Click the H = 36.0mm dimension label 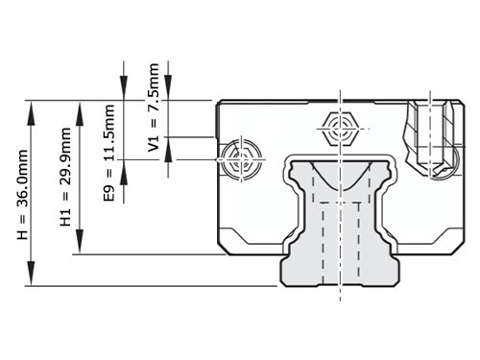tap(23, 194)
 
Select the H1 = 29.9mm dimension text tap(65, 177)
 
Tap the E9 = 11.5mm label tap(109, 153)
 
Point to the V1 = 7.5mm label tap(154, 108)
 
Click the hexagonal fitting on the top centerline tap(340, 129)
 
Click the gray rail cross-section tap(340, 223)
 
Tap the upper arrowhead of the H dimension tap(31, 112)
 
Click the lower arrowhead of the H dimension tap(31, 274)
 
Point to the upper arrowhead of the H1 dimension tap(80, 112)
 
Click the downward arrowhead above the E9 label tap(124, 89)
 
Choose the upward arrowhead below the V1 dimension tap(168, 149)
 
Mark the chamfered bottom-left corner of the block tap(223, 250)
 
